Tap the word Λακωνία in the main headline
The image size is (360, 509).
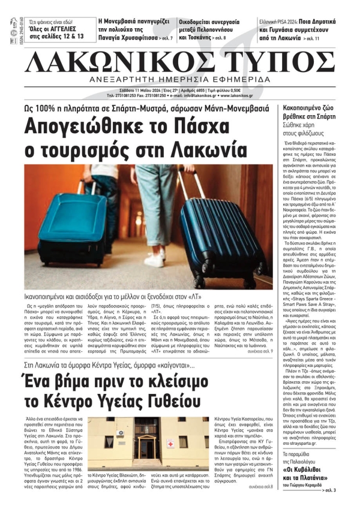pos(198,147)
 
